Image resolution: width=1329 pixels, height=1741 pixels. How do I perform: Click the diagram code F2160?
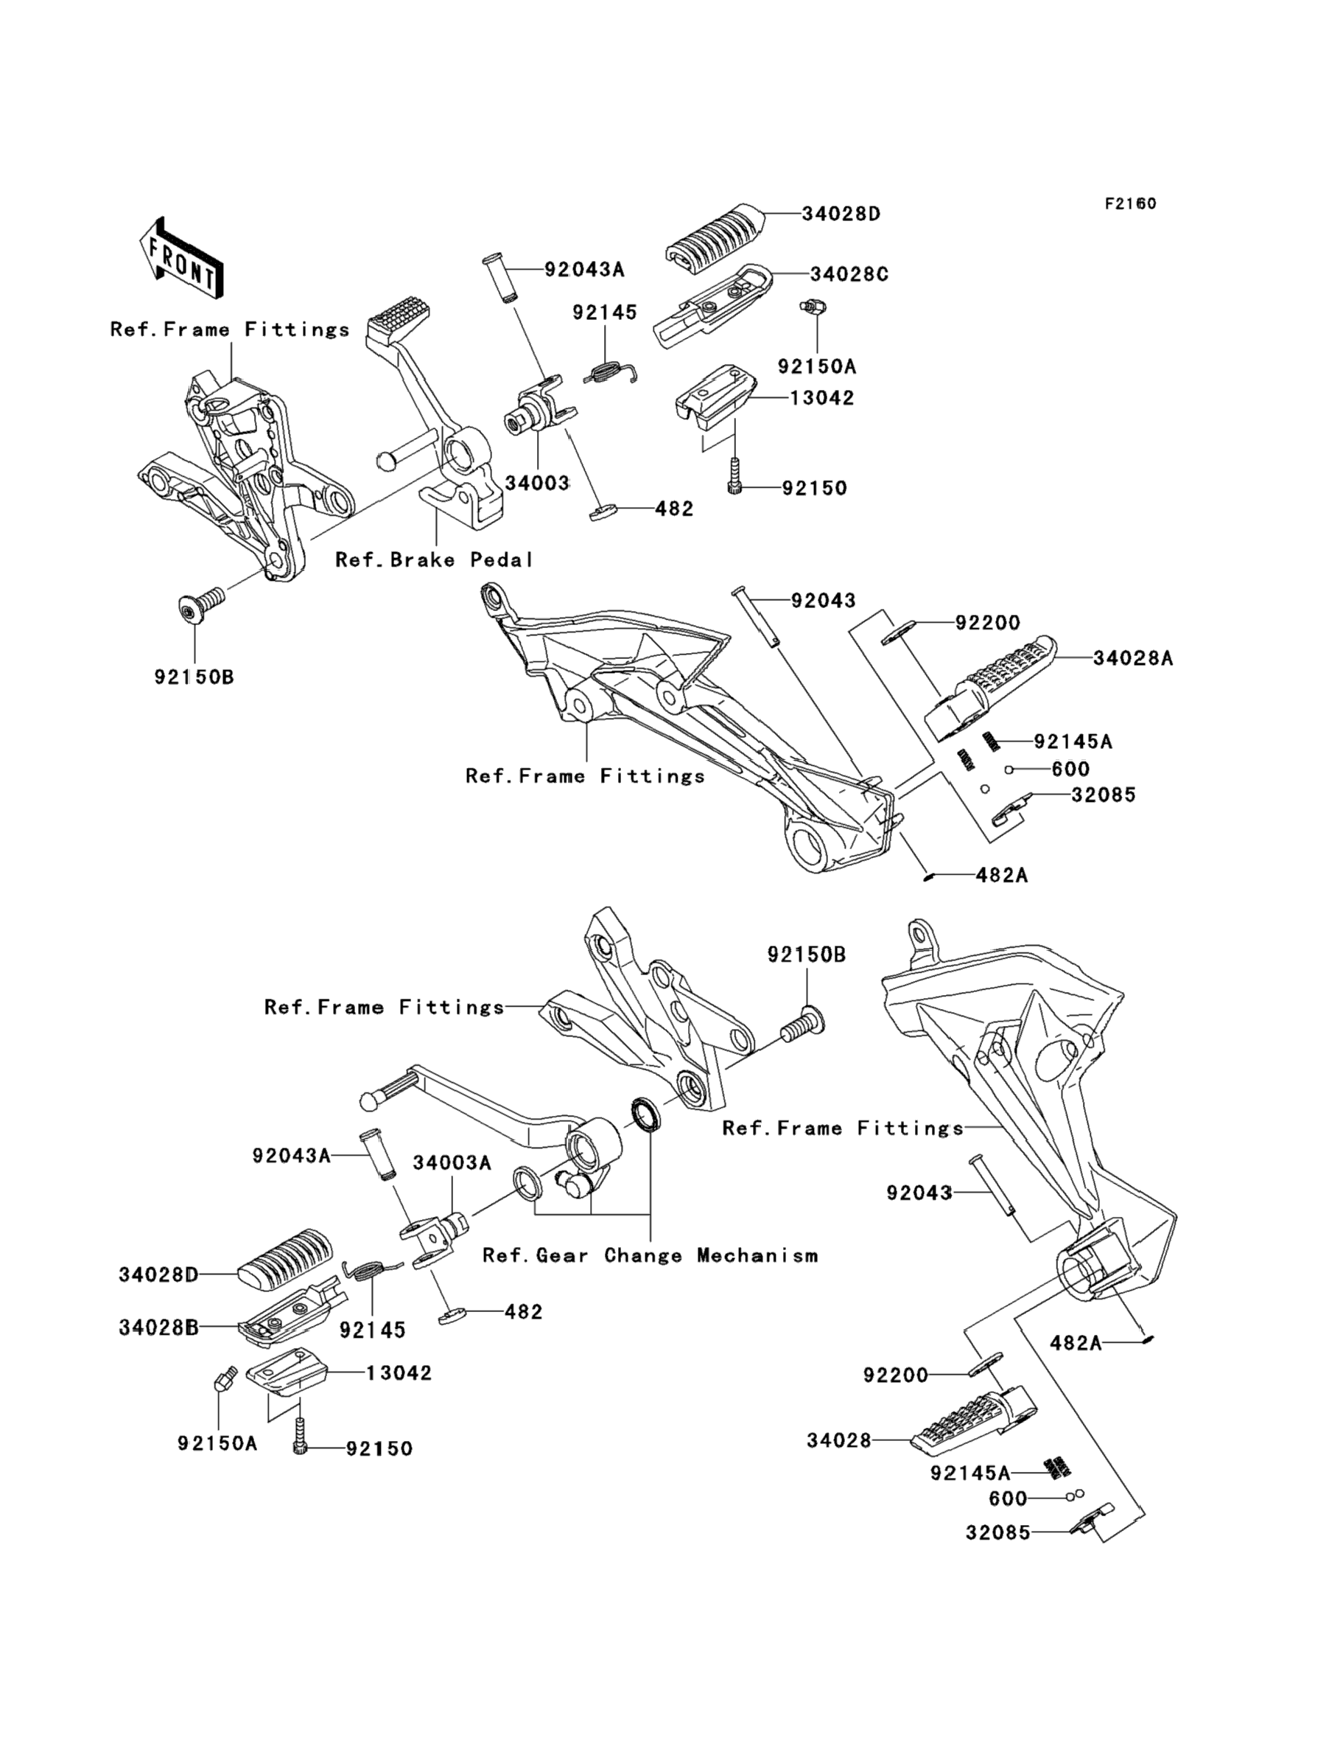pyautogui.click(x=1130, y=203)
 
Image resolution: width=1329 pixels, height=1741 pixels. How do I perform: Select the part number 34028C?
pyautogui.click(x=849, y=275)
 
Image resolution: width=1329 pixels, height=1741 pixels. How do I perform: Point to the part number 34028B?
pyautogui.click(x=159, y=1327)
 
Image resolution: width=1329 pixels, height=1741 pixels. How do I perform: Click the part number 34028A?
pyautogui.click(x=1133, y=657)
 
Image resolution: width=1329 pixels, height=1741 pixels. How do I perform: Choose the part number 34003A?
pyautogui.click(x=452, y=1162)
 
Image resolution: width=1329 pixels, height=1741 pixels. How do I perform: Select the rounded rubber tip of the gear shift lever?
pyautogui.click(x=369, y=1100)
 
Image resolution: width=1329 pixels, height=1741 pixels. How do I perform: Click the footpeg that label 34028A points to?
pyautogui.click(x=993, y=687)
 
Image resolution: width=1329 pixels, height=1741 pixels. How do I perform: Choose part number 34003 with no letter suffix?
pyautogui.click(x=537, y=483)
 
